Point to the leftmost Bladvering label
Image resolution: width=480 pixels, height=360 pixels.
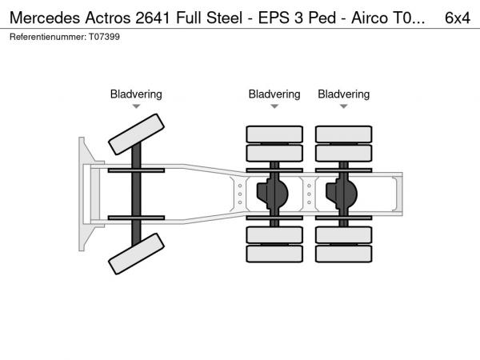[136, 94]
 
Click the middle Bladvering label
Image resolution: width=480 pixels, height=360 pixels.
[274, 94]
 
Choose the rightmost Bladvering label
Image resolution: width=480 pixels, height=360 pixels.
[344, 94]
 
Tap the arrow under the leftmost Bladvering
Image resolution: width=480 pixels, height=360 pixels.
[136, 106]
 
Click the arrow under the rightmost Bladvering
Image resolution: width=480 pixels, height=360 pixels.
[344, 106]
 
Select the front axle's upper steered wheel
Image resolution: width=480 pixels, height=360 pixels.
[137, 134]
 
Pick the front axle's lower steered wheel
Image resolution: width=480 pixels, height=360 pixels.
[137, 258]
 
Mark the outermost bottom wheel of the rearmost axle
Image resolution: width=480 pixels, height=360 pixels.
[343, 254]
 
